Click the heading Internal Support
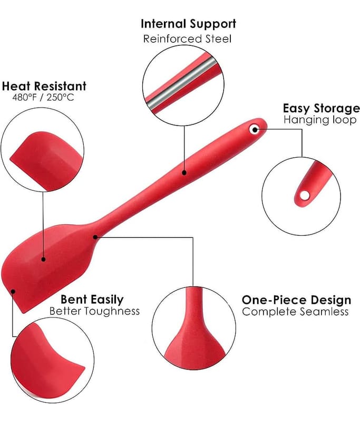pyautogui.click(x=188, y=24)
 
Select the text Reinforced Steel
pyautogui.click(x=188, y=39)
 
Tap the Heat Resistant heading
pyautogui.click(x=44, y=86)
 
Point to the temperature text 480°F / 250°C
pyautogui.click(x=44, y=98)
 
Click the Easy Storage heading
pyautogui.click(x=321, y=108)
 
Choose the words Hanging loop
pyautogui.click(x=320, y=120)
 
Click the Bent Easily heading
pyautogui.click(x=92, y=300)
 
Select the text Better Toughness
pyautogui.click(x=94, y=311)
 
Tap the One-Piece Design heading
pyautogui.click(x=296, y=300)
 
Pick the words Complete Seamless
pyautogui.click(x=295, y=312)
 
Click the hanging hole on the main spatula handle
pyautogui.click(x=255, y=128)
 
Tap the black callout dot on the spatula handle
pyautogui.click(x=184, y=171)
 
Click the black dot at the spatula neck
pyautogui.click(x=95, y=237)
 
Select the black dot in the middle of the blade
pyautogui.click(x=43, y=259)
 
